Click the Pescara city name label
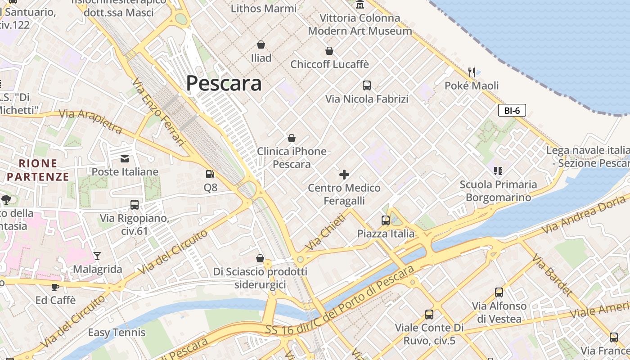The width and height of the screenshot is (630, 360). coord(224,83)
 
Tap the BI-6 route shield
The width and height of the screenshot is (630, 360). coord(512,110)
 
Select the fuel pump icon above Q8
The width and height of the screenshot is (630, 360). coord(210,174)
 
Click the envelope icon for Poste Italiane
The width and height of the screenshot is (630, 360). coord(124,158)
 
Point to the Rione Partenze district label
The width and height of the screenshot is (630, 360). coord(38,170)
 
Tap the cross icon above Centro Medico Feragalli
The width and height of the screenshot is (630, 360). coord(344,174)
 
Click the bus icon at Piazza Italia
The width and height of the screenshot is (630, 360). coord(386,220)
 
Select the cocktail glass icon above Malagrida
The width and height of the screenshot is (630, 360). coord(97,256)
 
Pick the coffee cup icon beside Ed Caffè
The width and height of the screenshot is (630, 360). coord(55,287)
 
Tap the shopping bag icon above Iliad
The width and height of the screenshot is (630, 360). coord(261,45)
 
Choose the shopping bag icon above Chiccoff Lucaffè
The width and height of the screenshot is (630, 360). coord(329,51)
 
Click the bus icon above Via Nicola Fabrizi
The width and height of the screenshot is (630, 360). coord(367,85)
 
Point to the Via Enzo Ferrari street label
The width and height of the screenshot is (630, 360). coord(159,112)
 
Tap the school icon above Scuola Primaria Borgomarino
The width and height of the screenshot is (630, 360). coord(498,171)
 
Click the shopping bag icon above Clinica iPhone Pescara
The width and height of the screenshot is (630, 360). coord(292,138)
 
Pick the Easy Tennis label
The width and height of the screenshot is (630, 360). coord(117,333)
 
